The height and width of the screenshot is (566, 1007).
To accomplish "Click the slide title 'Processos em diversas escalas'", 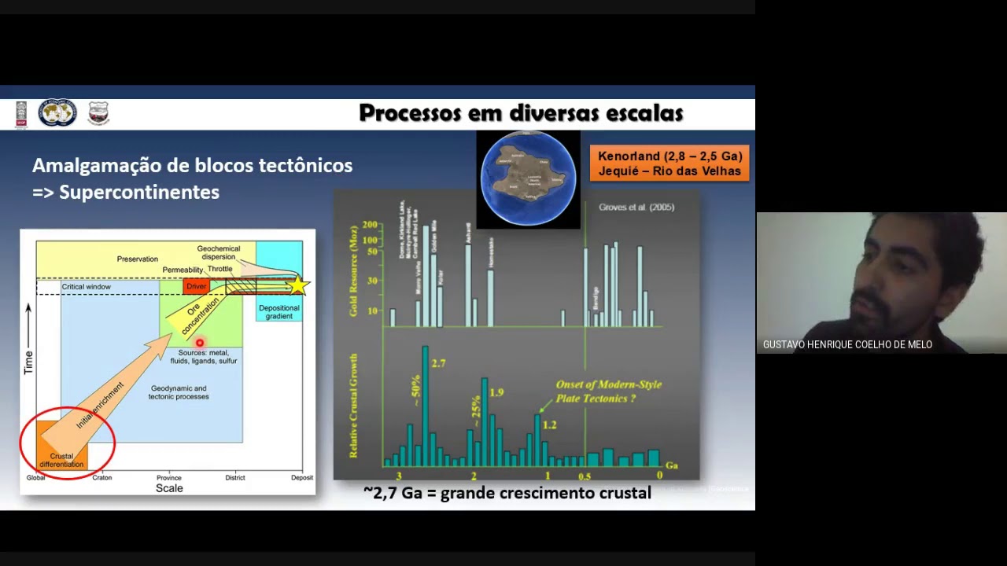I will pyautogui.click(x=521, y=113).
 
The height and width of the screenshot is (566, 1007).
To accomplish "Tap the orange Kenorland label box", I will pyautogui.click(x=669, y=164).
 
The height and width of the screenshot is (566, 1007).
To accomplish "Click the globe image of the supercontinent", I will pyautogui.click(x=528, y=178).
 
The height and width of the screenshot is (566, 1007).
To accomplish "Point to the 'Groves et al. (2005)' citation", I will pyautogui.click(x=636, y=208).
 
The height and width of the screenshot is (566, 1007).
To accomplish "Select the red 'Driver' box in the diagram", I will pyautogui.click(x=196, y=286).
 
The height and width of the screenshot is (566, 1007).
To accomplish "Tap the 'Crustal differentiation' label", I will pyautogui.click(x=61, y=460).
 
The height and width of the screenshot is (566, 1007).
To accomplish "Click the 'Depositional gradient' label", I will pyautogui.click(x=278, y=312).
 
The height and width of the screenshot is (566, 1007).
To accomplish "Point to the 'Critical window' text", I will pyautogui.click(x=87, y=287).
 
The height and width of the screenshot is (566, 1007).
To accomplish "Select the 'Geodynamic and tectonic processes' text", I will pyautogui.click(x=179, y=392).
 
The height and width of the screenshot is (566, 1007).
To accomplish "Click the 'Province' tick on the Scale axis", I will pyautogui.click(x=168, y=477).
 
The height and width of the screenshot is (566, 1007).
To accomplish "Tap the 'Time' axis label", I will pyautogui.click(x=29, y=362).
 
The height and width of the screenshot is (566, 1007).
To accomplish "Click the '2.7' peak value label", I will pyautogui.click(x=438, y=363).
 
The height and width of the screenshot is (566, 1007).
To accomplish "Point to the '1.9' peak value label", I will pyautogui.click(x=496, y=392).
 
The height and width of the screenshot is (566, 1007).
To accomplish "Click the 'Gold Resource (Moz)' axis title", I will pyautogui.click(x=353, y=270).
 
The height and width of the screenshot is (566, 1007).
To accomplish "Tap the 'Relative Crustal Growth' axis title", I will pyautogui.click(x=353, y=406).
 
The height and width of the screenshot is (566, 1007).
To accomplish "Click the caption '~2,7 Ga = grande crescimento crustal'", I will pyautogui.click(x=507, y=493).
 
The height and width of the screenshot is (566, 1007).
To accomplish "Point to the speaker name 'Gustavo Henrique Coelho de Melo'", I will pyautogui.click(x=847, y=344).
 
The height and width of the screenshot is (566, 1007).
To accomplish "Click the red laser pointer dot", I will pyautogui.click(x=200, y=343).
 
